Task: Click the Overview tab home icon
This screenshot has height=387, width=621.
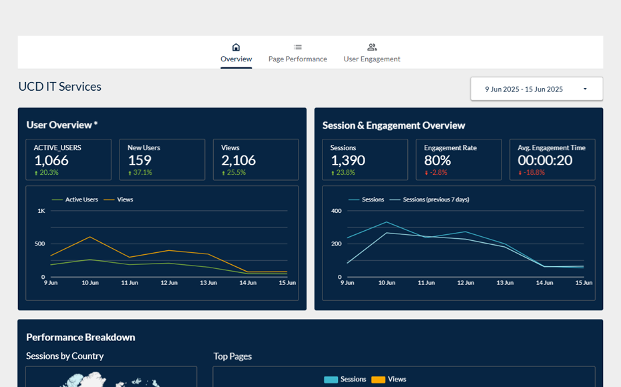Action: point(236,47)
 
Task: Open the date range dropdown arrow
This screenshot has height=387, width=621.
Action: point(585,89)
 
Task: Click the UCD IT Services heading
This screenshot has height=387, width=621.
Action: point(60,87)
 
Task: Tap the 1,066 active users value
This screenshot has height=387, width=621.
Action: point(51,160)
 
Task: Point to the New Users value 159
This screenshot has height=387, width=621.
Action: point(140,160)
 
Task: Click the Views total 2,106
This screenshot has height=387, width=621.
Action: point(238,160)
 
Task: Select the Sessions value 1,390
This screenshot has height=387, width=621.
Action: point(348,160)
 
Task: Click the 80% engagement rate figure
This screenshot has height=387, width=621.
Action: point(437,160)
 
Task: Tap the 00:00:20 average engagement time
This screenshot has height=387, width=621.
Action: point(545,160)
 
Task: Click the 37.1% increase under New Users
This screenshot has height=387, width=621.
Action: point(142,173)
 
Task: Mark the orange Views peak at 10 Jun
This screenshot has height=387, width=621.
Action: point(89,237)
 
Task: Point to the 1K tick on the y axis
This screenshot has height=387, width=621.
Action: point(41,211)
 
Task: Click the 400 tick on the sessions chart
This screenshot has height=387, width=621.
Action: point(336,211)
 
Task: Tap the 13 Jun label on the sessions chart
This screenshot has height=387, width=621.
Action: point(505,283)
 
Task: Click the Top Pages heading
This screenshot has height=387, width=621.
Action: point(232,356)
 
